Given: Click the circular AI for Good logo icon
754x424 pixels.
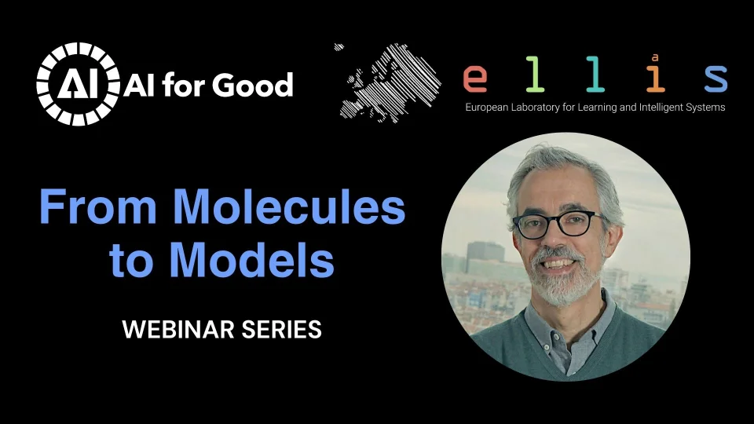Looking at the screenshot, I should (77, 84).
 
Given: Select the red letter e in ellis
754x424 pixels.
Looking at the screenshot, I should (475, 79).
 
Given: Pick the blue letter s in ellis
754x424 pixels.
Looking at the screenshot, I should (715, 79).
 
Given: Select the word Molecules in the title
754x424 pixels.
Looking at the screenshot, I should (289, 207).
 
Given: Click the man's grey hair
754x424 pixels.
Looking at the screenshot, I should (550, 169).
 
